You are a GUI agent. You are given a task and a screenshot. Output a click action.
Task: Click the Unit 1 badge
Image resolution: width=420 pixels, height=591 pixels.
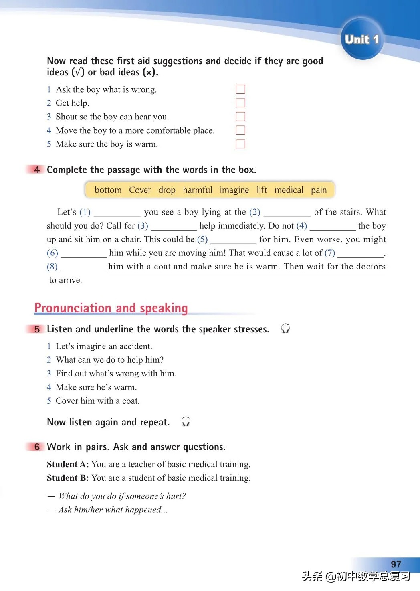(x=362, y=39)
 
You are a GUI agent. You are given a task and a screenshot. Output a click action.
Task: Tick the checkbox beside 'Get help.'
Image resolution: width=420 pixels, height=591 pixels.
(x=240, y=103)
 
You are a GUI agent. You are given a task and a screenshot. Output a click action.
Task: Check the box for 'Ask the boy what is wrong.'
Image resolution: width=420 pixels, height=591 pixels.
(x=240, y=89)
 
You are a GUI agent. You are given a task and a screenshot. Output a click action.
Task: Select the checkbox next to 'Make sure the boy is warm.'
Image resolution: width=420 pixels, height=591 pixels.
(x=240, y=144)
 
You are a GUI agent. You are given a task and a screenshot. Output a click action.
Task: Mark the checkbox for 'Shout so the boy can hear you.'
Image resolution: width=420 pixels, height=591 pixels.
(x=240, y=117)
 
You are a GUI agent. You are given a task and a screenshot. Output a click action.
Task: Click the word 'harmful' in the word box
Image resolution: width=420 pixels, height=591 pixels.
(x=198, y=190)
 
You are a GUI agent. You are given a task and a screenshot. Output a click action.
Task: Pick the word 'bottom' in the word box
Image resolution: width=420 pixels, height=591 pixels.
(x=108, y=190)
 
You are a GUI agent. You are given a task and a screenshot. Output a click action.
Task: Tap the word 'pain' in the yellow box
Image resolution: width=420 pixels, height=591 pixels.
(x=319, y=190)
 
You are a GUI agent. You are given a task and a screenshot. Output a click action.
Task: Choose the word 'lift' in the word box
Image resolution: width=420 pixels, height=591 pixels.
(x=262, y=190)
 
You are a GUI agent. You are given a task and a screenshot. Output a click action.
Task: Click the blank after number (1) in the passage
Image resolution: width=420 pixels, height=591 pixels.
(x=117, y=213)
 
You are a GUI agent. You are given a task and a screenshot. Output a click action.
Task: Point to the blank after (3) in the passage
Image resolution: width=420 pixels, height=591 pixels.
(x=174, y=227)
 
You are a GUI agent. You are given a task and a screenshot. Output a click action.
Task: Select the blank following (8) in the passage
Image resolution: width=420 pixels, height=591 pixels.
(x=83, y=267)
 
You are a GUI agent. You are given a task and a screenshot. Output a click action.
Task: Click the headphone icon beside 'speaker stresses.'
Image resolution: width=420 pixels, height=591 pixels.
(x=285, y=329)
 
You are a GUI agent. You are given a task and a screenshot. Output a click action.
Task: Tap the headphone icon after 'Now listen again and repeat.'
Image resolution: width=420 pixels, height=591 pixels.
(x=186, y=422)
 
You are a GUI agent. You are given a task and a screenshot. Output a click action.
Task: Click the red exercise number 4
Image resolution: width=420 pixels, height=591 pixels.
(x=37, y=170)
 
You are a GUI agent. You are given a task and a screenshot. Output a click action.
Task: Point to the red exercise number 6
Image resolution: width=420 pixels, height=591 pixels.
(x=37, y=447)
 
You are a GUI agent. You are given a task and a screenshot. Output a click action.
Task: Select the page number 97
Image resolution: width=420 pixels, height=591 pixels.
(x=396, y=564)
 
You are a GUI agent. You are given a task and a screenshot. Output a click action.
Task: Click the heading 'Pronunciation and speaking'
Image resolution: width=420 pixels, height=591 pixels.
(x=111, y=308)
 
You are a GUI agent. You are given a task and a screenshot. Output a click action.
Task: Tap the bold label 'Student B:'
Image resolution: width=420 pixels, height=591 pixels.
(x=68, y=478)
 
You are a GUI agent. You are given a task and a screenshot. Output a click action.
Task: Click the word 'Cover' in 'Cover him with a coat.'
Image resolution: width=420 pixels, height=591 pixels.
(x=67, y=401)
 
